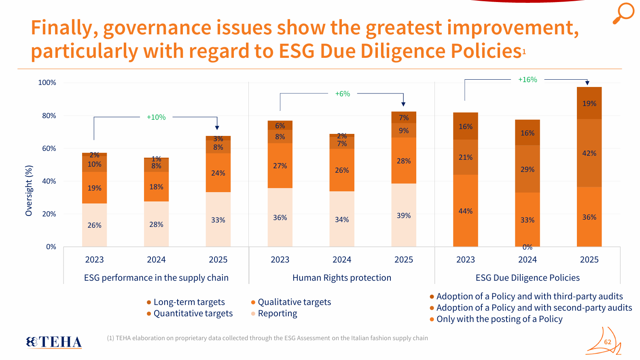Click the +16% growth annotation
click(x=528, y=80)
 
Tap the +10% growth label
click(x=156, y=117)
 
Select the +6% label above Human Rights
click(x=343, y=94)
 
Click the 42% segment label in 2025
click(x=589, y=153)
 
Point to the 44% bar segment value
click(x=465, y=211)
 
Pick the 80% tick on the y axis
click(x=49, y=116)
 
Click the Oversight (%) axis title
click(x=29, y=191)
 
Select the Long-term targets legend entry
click(x=189, y=302)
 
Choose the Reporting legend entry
click(x=277, y=313)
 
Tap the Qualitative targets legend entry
click(x=294, y=302)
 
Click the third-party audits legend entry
click(x=529, y=296)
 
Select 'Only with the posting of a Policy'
click(x=499, y=319)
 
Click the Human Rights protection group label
click(x=342, y=278)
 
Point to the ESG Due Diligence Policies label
click(x=528, y=278)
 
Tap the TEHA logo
click(x=54, y=342)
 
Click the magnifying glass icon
click(x=623, y=13)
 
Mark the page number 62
click(x=608, y=342)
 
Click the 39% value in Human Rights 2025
click(x=404, y=216)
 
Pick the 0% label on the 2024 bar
click(x=528, y=247)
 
